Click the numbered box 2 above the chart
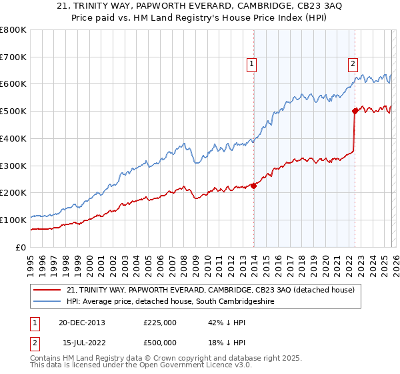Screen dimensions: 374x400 [x=353, y=64]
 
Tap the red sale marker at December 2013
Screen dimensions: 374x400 [x=253, y=186]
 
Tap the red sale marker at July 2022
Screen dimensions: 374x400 [x=355, y=112]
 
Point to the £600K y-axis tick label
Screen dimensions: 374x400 [x=13, y=84]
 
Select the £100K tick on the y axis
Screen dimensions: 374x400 [x=13, y=220]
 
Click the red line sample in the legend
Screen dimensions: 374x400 [x=48, y=290]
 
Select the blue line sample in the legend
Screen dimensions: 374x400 [x=48, y=302]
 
